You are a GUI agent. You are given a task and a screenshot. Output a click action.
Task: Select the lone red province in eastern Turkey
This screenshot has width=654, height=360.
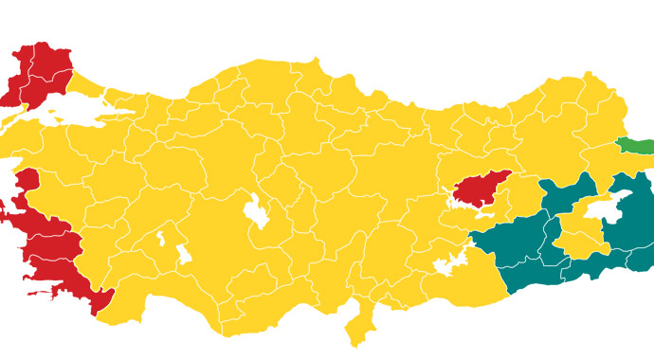click(480, 189)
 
